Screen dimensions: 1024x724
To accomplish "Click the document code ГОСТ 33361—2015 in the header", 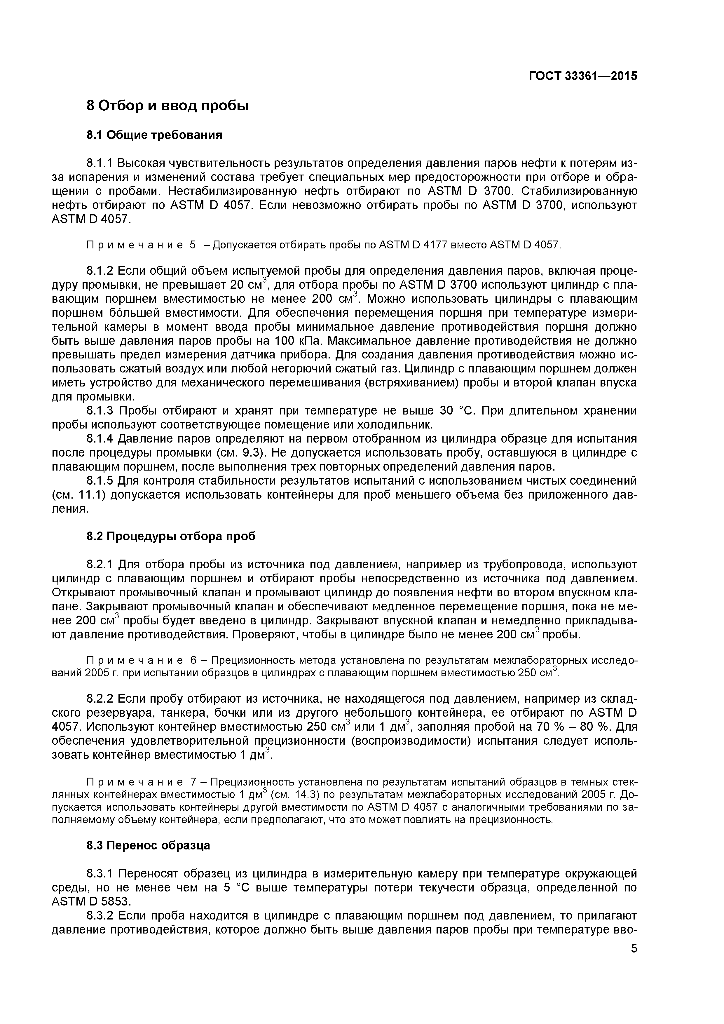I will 583,76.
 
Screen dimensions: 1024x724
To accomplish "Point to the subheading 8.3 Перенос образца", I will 148,845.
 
